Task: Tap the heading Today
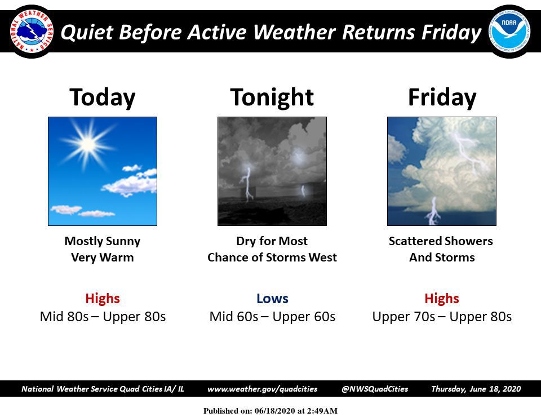[102, 97]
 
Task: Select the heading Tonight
[272, 97]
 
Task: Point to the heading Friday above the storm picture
[442, 97]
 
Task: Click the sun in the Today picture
[88, 145]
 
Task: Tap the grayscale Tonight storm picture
[272, 171]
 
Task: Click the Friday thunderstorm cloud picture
[442, 171]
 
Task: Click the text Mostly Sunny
[102, 241]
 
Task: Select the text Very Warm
[102, 258]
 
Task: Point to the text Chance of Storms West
[272, 258]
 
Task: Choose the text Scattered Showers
[441, 241]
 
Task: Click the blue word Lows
[272, 298]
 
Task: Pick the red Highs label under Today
[103, 298]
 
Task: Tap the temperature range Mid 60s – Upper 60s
[272, 317]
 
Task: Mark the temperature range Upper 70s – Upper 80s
[442, 317]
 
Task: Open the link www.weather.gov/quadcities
[263, 389]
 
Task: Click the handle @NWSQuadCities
[375, 389]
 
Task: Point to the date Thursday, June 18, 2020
[476, 389]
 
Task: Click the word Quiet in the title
[83, 33]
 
